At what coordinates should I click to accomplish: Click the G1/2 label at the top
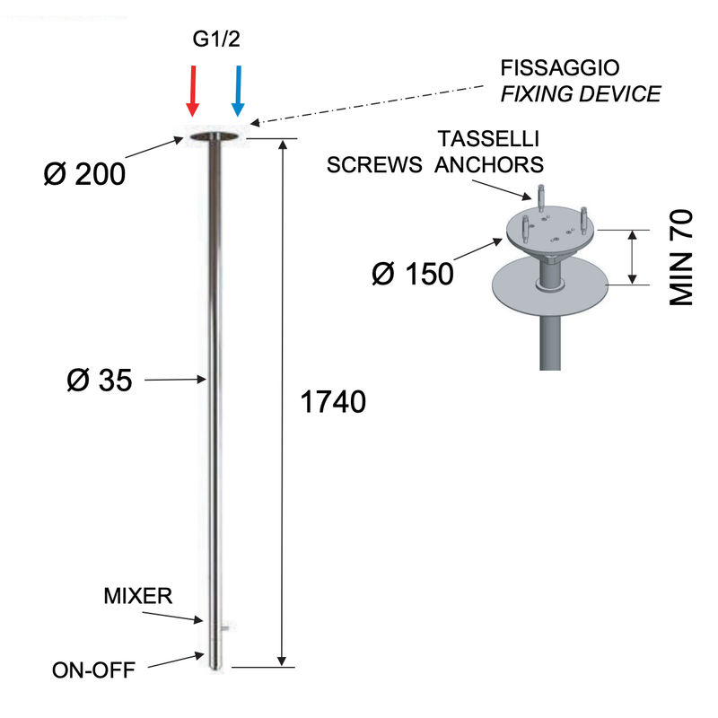pyautogui.click(x=216, y=39)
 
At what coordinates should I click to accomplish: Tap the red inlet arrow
pyautogui.click(x=193, y=91)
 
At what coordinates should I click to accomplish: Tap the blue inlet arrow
pyautogui.click(x=238, y=91)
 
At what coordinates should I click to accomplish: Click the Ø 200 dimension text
pyautogui.click(x=84, y=174)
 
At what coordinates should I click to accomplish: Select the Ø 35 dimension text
pyautogui.click(x=100, y=380)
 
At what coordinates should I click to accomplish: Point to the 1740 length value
pyautogui.click(x=333, y=402)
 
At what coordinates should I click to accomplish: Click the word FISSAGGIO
pyautogui.click(x=559, y=68)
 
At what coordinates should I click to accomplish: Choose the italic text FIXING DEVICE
pyautogui.click(x=581, y=94)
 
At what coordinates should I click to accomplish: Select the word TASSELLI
pyautogui.click(x=488, y=139)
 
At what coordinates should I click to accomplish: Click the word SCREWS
pyautogui.click(x=374, y=164)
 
